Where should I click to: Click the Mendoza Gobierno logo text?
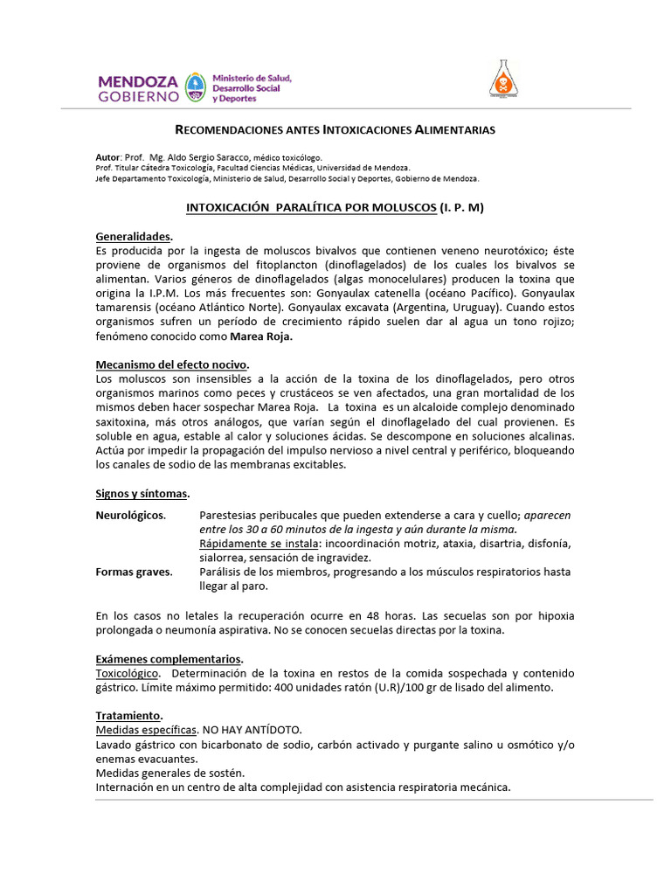pyautogui.click(x=138, y=87)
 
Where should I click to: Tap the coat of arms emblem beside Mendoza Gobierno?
pyautogui.click(x=196, y=87)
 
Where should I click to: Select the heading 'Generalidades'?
pyautogui.click(x=133, y=237)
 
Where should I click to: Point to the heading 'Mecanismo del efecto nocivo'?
pyautogui.click(x=172, y=364)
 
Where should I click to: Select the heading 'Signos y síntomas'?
pyautogui.click(x=142, y=494)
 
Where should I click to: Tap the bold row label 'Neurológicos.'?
pyautogui.click(x=130, y=515)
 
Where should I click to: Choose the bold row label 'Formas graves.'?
pyautogui.click(x=134, y=572)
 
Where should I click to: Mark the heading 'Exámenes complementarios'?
pyautogui.click(x=169, y=658)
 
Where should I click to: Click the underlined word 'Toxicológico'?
pyautogui.click(x=128, y=673)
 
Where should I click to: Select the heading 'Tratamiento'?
pyautogui.click(x=128, y=715)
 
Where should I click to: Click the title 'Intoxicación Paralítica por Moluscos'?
pyautogui.click(x=311, y=208)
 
